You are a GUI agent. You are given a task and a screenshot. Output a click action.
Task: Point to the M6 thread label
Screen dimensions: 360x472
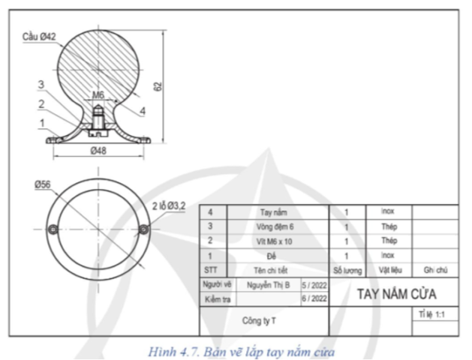tap(98, 95)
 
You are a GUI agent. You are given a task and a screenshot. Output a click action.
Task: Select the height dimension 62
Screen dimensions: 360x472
tap(158, 86)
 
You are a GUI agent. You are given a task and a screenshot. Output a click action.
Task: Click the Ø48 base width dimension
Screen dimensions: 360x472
tap(98, 151)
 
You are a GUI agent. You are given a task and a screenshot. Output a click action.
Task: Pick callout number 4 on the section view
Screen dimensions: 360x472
tap(142, 111)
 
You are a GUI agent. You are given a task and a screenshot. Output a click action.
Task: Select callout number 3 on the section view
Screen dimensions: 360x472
tap(42, 84)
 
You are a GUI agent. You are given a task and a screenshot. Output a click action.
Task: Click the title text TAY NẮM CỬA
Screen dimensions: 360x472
tap(396, 292)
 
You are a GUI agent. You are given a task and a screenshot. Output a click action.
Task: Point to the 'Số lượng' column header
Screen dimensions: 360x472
tap(347, 269)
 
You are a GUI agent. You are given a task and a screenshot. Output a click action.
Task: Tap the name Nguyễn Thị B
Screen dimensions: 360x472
tap(268, 284)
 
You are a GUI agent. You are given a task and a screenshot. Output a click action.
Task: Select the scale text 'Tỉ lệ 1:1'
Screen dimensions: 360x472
tap(432, 315)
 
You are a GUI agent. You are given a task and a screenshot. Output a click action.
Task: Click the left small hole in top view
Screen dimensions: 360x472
tap(52, 228)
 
